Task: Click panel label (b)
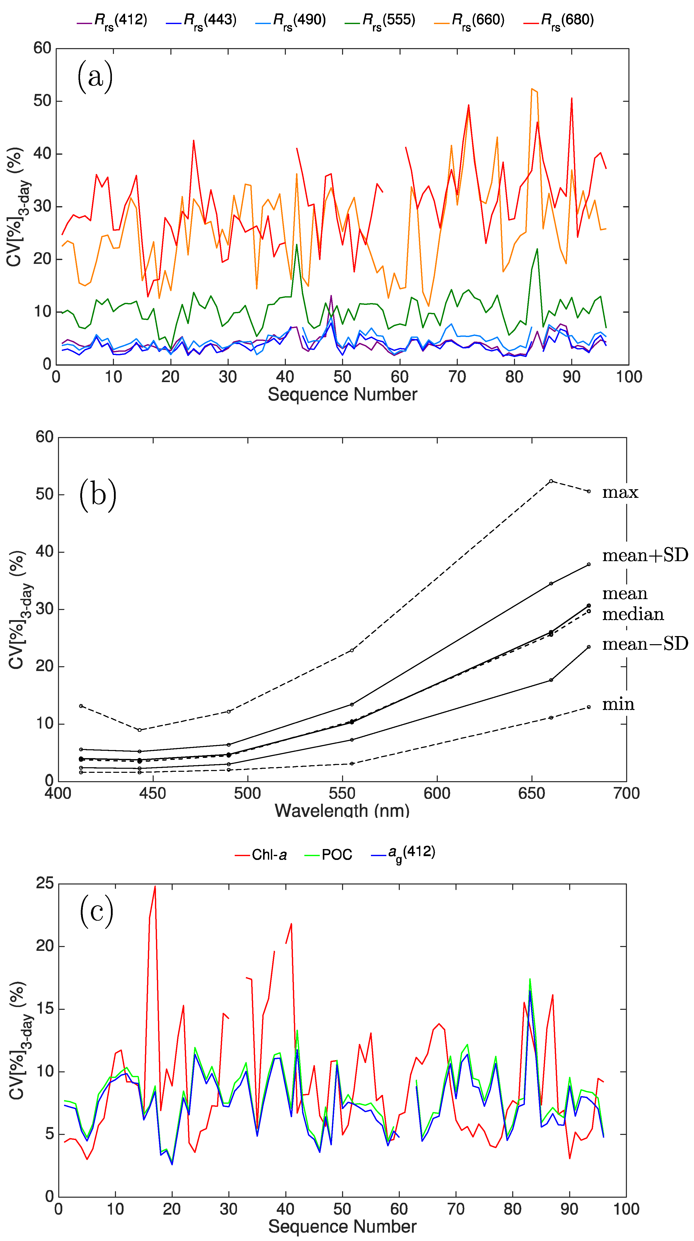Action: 98,495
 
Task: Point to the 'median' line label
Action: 633,614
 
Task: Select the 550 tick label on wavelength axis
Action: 342,794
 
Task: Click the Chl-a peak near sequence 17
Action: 155,887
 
